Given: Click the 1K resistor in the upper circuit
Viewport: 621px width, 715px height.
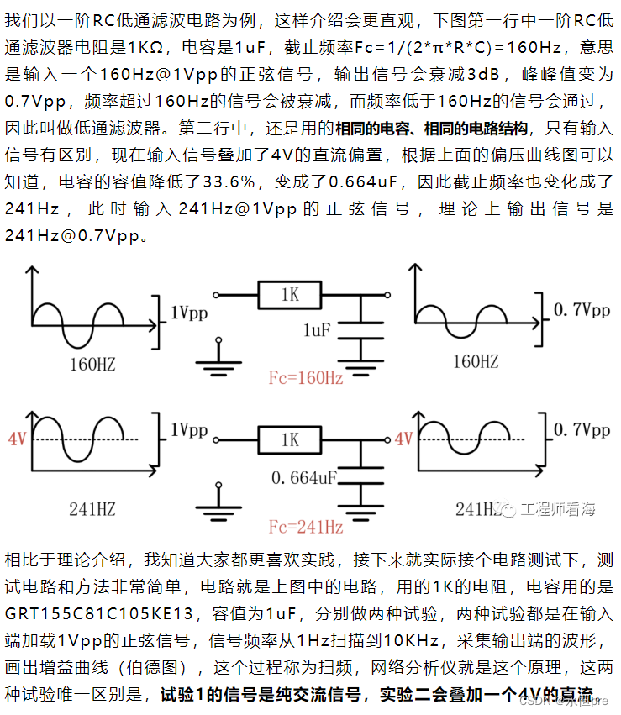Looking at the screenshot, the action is click(x=290, y=295).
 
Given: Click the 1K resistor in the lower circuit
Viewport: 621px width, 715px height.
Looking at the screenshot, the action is click(x=290, y=439).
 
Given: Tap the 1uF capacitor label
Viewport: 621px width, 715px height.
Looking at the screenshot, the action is click(x=317, y=330).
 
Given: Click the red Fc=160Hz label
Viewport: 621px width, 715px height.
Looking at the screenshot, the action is click(x=305, y=378).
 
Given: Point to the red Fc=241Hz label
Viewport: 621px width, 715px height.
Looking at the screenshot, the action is click(x=305, y=528).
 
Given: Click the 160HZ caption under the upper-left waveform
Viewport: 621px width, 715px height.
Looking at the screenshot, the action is click(x=92, y=365).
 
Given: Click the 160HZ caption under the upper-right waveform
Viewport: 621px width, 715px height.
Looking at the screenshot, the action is click(x=476, y=362).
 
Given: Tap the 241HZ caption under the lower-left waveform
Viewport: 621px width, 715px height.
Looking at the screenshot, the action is click(x=92, y=508).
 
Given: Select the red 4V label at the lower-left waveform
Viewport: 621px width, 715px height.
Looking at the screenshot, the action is click(x=17, y=439).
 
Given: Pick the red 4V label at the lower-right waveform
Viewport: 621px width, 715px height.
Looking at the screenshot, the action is click(x=403, y=439).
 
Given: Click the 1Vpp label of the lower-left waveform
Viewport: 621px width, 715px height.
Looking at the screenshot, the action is click(x=190, y=430).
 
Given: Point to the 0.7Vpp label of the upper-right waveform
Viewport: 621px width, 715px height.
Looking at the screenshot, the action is click(x=582, y=310).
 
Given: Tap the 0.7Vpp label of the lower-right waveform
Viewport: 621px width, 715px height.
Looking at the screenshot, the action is click(x=582, y=430).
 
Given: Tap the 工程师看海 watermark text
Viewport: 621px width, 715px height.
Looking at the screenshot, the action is click(x=557, y=509).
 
